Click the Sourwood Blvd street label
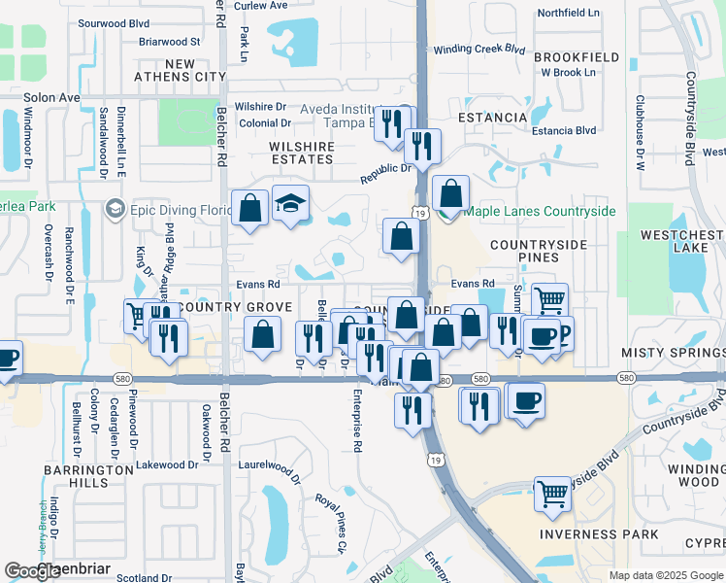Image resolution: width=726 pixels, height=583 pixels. point(113,21)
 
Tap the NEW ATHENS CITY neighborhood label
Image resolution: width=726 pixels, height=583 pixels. point(195,70)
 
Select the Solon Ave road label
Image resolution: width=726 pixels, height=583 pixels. point(40,98)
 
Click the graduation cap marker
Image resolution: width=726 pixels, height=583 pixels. point(290,204)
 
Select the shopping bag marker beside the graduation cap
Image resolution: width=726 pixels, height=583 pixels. point(250,208)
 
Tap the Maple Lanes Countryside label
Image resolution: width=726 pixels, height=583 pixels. point(540,211)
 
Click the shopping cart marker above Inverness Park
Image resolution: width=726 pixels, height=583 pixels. point(552,493)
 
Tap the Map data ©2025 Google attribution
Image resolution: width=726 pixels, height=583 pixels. point(665,575)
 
